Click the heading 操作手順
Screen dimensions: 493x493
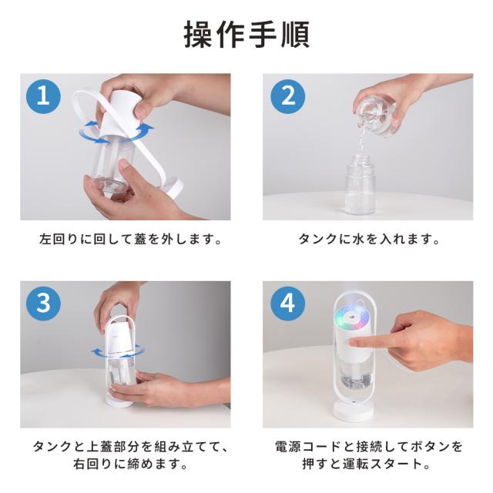pos(246,35)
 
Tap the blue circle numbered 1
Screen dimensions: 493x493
pos(43,96)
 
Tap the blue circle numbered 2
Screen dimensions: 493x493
pos(287,96)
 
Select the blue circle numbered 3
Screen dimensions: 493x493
pos(43,304)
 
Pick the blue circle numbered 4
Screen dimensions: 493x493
pos(287,304)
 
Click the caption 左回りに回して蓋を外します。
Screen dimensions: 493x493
pos(131,240)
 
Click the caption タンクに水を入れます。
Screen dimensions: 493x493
pos(369,240)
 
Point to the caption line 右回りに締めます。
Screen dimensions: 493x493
pos(130,464)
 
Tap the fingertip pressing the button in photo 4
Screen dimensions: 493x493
pos(354,343)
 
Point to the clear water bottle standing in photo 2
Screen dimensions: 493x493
pos(361,185)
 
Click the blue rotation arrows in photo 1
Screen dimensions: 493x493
pos(116,132)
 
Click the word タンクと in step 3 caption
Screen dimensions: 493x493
pos(57,447)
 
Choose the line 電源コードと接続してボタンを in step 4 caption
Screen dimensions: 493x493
pos(369,447)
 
